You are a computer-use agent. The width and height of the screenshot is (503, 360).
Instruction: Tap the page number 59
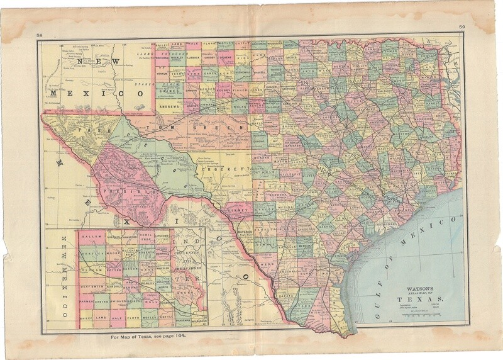(462, 26)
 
